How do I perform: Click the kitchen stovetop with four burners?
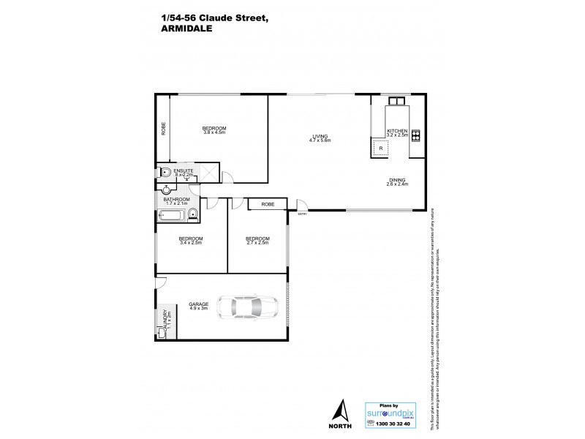416,135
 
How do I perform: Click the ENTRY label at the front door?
302,214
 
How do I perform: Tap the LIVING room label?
320,135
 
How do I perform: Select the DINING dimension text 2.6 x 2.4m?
398,184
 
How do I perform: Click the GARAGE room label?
198,304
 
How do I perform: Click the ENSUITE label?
183,171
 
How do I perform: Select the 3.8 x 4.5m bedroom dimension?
215,133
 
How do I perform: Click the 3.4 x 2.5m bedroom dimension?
191,243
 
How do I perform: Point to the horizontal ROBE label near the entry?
268,204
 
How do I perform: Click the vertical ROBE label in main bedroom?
164,128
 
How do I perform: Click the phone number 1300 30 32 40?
389,424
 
